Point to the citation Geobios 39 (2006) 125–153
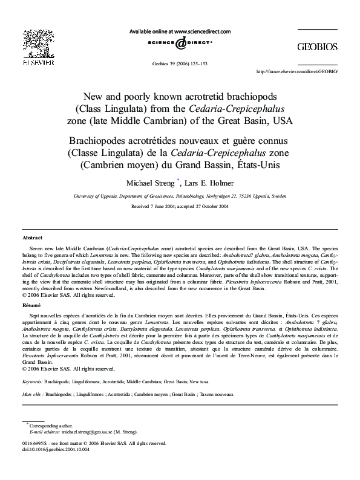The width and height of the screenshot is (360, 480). [x=179, y=63]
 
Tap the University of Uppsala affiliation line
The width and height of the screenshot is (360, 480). [x=179, y=196]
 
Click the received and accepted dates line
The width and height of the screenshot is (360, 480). [x=179, y=206]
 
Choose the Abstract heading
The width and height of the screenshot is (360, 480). [x=32, y=238]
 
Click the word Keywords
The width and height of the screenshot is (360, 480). [x=32, y=383]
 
